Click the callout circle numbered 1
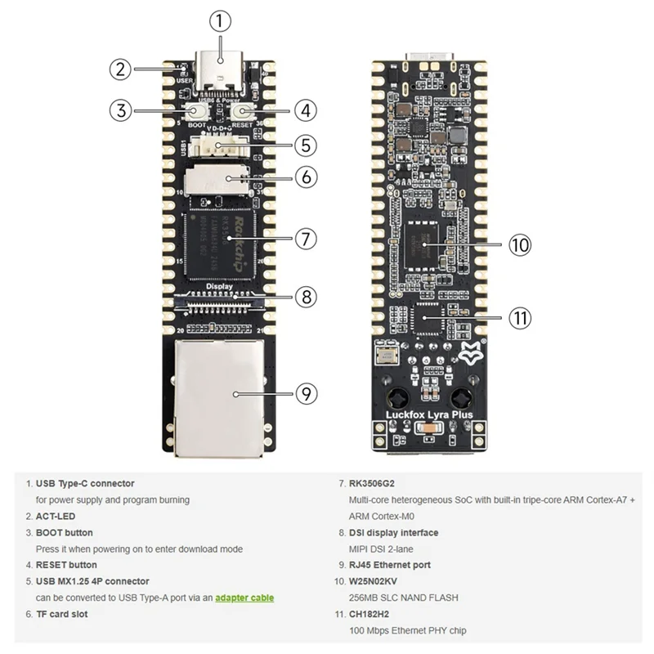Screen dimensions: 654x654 [x=220, y=22]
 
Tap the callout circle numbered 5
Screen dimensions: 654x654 [x=305, y=146]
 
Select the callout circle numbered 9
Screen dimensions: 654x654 [x=305, y=393]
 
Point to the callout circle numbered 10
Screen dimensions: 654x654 [x=520, y=244]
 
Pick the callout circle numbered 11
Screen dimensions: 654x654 [x=520, y=317]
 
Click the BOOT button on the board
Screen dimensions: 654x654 [x=197, y=111]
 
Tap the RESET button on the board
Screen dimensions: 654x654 [x=243, y=111]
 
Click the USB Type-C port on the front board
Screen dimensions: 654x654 [x=220, y=72]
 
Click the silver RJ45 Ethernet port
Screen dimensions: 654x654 [x=220, y=392]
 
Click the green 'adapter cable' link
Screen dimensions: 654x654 [x=244, y=598]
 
